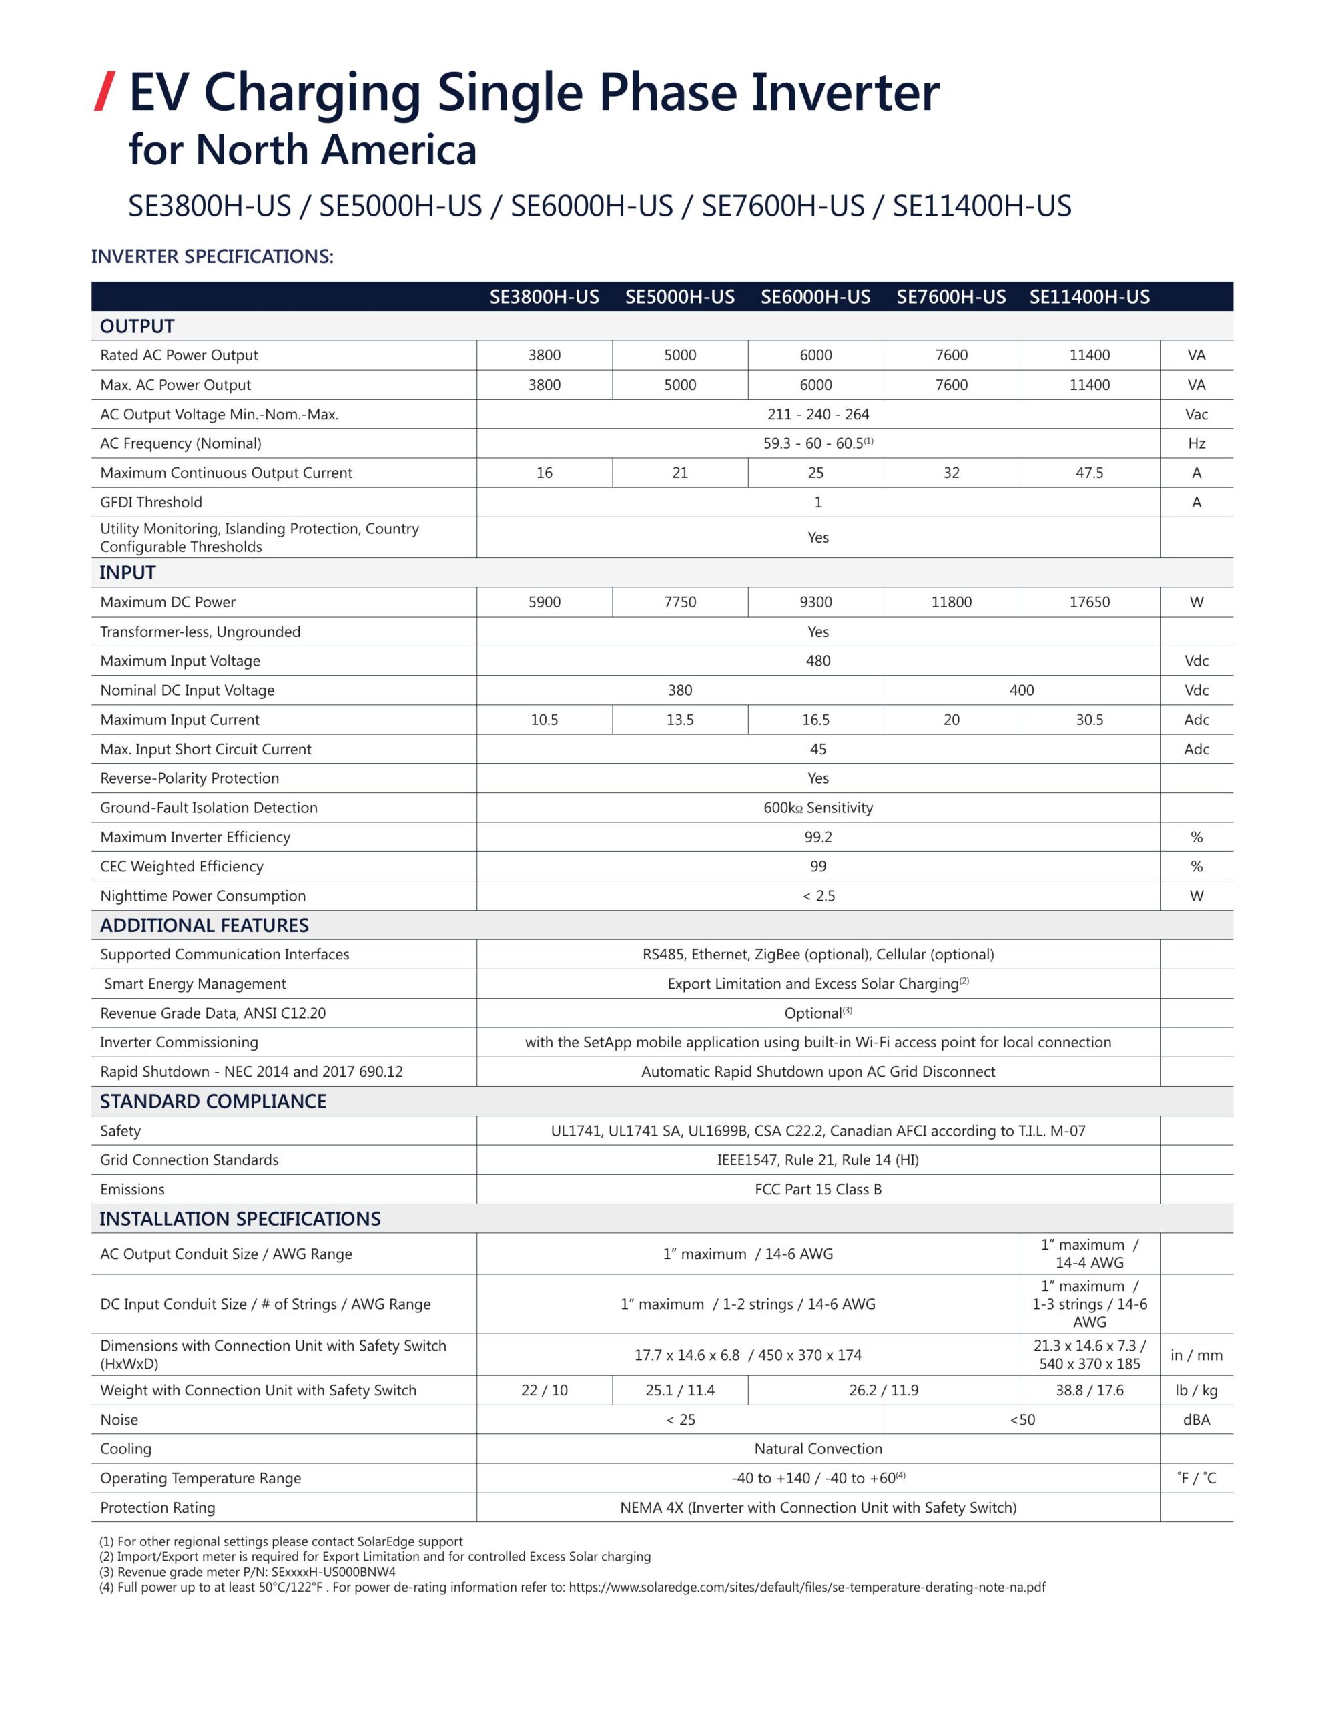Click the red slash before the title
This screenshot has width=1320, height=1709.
pyautogui.click(x=105, y=91)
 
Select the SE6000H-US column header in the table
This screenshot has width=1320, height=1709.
pyautogui.click(x=815, y=297)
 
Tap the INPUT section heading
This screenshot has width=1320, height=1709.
pyautogui.click(x=127, y=573)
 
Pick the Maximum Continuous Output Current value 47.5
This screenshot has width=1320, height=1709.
pyautogui.click(x=1089, y=473)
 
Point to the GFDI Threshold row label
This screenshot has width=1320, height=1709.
pyautogui.click(x=151, y=503)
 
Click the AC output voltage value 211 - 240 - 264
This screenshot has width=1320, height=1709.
pyautogui.click(x=817, y=414)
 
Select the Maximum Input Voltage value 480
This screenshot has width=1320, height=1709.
pyautogui.click(x=817, y=660)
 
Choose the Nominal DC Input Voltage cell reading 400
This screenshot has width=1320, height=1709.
pyautogui.click(x=1021, y=690)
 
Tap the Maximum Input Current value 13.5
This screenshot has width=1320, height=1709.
pyautogui.click(x=680, y=720)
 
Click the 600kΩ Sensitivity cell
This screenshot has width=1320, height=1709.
pyautogui.click(x=817, y=808)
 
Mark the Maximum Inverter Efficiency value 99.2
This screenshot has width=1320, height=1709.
pyautogui.click(x=817, y=837)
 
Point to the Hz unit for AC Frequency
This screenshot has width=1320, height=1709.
pyautogui.click(x=1196, y=444)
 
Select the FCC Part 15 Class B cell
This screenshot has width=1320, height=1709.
pyautogui.click(x=817, y=1190)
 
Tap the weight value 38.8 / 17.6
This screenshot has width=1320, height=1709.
pyautogui.click(x=1089, y=1391)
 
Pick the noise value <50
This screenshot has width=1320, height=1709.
pyautogui.click(x=1022, y=1419)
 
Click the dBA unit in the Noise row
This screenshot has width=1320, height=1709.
pyautogui.click(x=1196, y=1419)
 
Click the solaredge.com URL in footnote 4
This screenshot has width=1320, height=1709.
pyautogui.click(x=807, y=1588)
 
